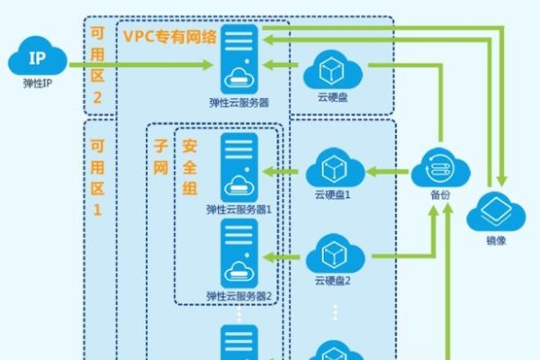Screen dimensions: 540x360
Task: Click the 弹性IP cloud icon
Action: (38, 56)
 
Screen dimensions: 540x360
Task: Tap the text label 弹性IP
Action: (38, 84)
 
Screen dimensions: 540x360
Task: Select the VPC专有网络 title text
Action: (170, 37)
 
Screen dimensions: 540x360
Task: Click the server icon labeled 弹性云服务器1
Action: (239, 167)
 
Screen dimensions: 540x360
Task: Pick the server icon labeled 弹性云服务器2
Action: (239, 253)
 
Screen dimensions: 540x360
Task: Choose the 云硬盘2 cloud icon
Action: (335, 254)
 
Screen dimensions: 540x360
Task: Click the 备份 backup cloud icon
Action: (440, 167)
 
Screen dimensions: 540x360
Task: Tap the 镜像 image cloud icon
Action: (496, 211)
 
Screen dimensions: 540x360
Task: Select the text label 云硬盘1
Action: (332, 195)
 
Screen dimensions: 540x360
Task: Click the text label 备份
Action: (440, 195)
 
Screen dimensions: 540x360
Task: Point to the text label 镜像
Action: (496, 240)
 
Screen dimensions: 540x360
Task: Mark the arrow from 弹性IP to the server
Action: (141, 65)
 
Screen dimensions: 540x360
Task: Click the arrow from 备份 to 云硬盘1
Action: (388, 171)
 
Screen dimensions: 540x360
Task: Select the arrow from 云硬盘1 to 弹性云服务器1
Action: (281, 171)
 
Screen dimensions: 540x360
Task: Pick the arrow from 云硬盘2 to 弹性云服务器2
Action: (281, 257)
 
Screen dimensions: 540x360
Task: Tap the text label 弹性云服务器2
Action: (239, 296)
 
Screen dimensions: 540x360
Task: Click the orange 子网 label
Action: (160, 157)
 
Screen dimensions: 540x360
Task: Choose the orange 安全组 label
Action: (189, 167)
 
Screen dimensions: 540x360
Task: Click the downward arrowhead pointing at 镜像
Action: (502, 181)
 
